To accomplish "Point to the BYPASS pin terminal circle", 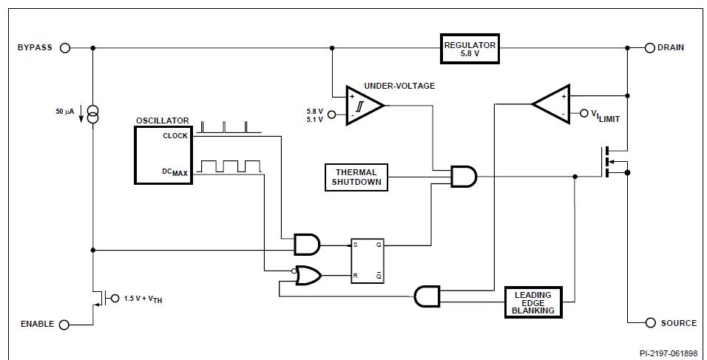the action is pos(65,48).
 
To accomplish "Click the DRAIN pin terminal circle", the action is pos(650,48).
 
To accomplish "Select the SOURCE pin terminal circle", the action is pos(650,322).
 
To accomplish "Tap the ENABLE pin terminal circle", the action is pos(64,325).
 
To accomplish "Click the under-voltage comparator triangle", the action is pos(365,105).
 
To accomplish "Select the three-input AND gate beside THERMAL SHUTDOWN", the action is pos(464,177).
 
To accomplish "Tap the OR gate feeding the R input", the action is pos(308,275).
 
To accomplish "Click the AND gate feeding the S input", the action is pos(307,245).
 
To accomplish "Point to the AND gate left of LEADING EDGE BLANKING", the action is pos(427,296).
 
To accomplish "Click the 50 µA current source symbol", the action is pos(92,115).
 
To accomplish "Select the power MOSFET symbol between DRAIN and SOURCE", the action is pos(615,162).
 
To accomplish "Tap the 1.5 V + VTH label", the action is pos(143,299).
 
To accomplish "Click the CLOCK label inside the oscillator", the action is pos(175,136).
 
